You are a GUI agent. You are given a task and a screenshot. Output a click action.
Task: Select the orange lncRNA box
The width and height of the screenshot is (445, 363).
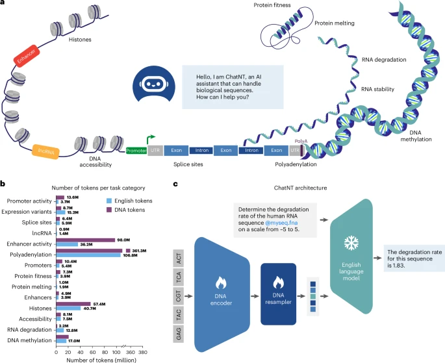46,152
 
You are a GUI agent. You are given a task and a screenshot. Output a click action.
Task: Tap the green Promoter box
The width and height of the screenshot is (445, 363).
136,150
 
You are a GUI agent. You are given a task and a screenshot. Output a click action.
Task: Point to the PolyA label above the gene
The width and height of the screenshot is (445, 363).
301,141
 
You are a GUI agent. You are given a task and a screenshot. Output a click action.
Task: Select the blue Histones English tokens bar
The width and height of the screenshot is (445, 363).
73,308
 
